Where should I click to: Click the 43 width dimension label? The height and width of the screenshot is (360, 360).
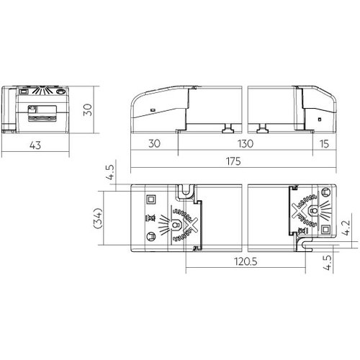[x=35, y=145]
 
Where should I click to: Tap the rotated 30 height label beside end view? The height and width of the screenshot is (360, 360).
[x=88, y=110]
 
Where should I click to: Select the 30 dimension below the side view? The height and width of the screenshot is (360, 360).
[x=154, y=143]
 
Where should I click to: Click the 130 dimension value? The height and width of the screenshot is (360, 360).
[x=246, y=144]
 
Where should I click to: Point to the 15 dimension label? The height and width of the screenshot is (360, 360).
[x=324, y=144]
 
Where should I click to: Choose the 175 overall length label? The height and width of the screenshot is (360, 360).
[x=233, y=161]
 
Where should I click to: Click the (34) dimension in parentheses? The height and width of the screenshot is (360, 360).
[x=98, y=218]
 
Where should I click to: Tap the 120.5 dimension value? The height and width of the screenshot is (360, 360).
[x=246, y=261]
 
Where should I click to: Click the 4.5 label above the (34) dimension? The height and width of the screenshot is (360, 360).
[x=111, y=172]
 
